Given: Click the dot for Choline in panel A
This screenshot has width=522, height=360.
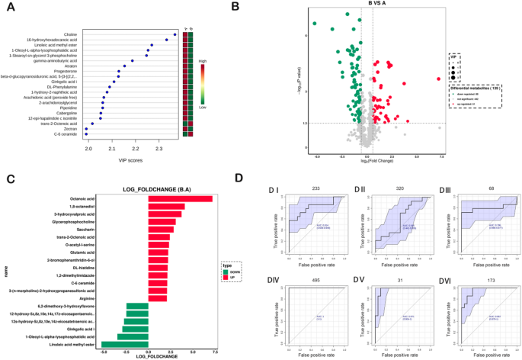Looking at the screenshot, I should click(x=175, y=34).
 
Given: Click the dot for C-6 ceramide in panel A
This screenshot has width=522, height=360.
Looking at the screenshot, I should click(x=86, y=134).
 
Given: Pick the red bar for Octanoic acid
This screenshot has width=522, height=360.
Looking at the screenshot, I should click(x=180, y=199).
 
